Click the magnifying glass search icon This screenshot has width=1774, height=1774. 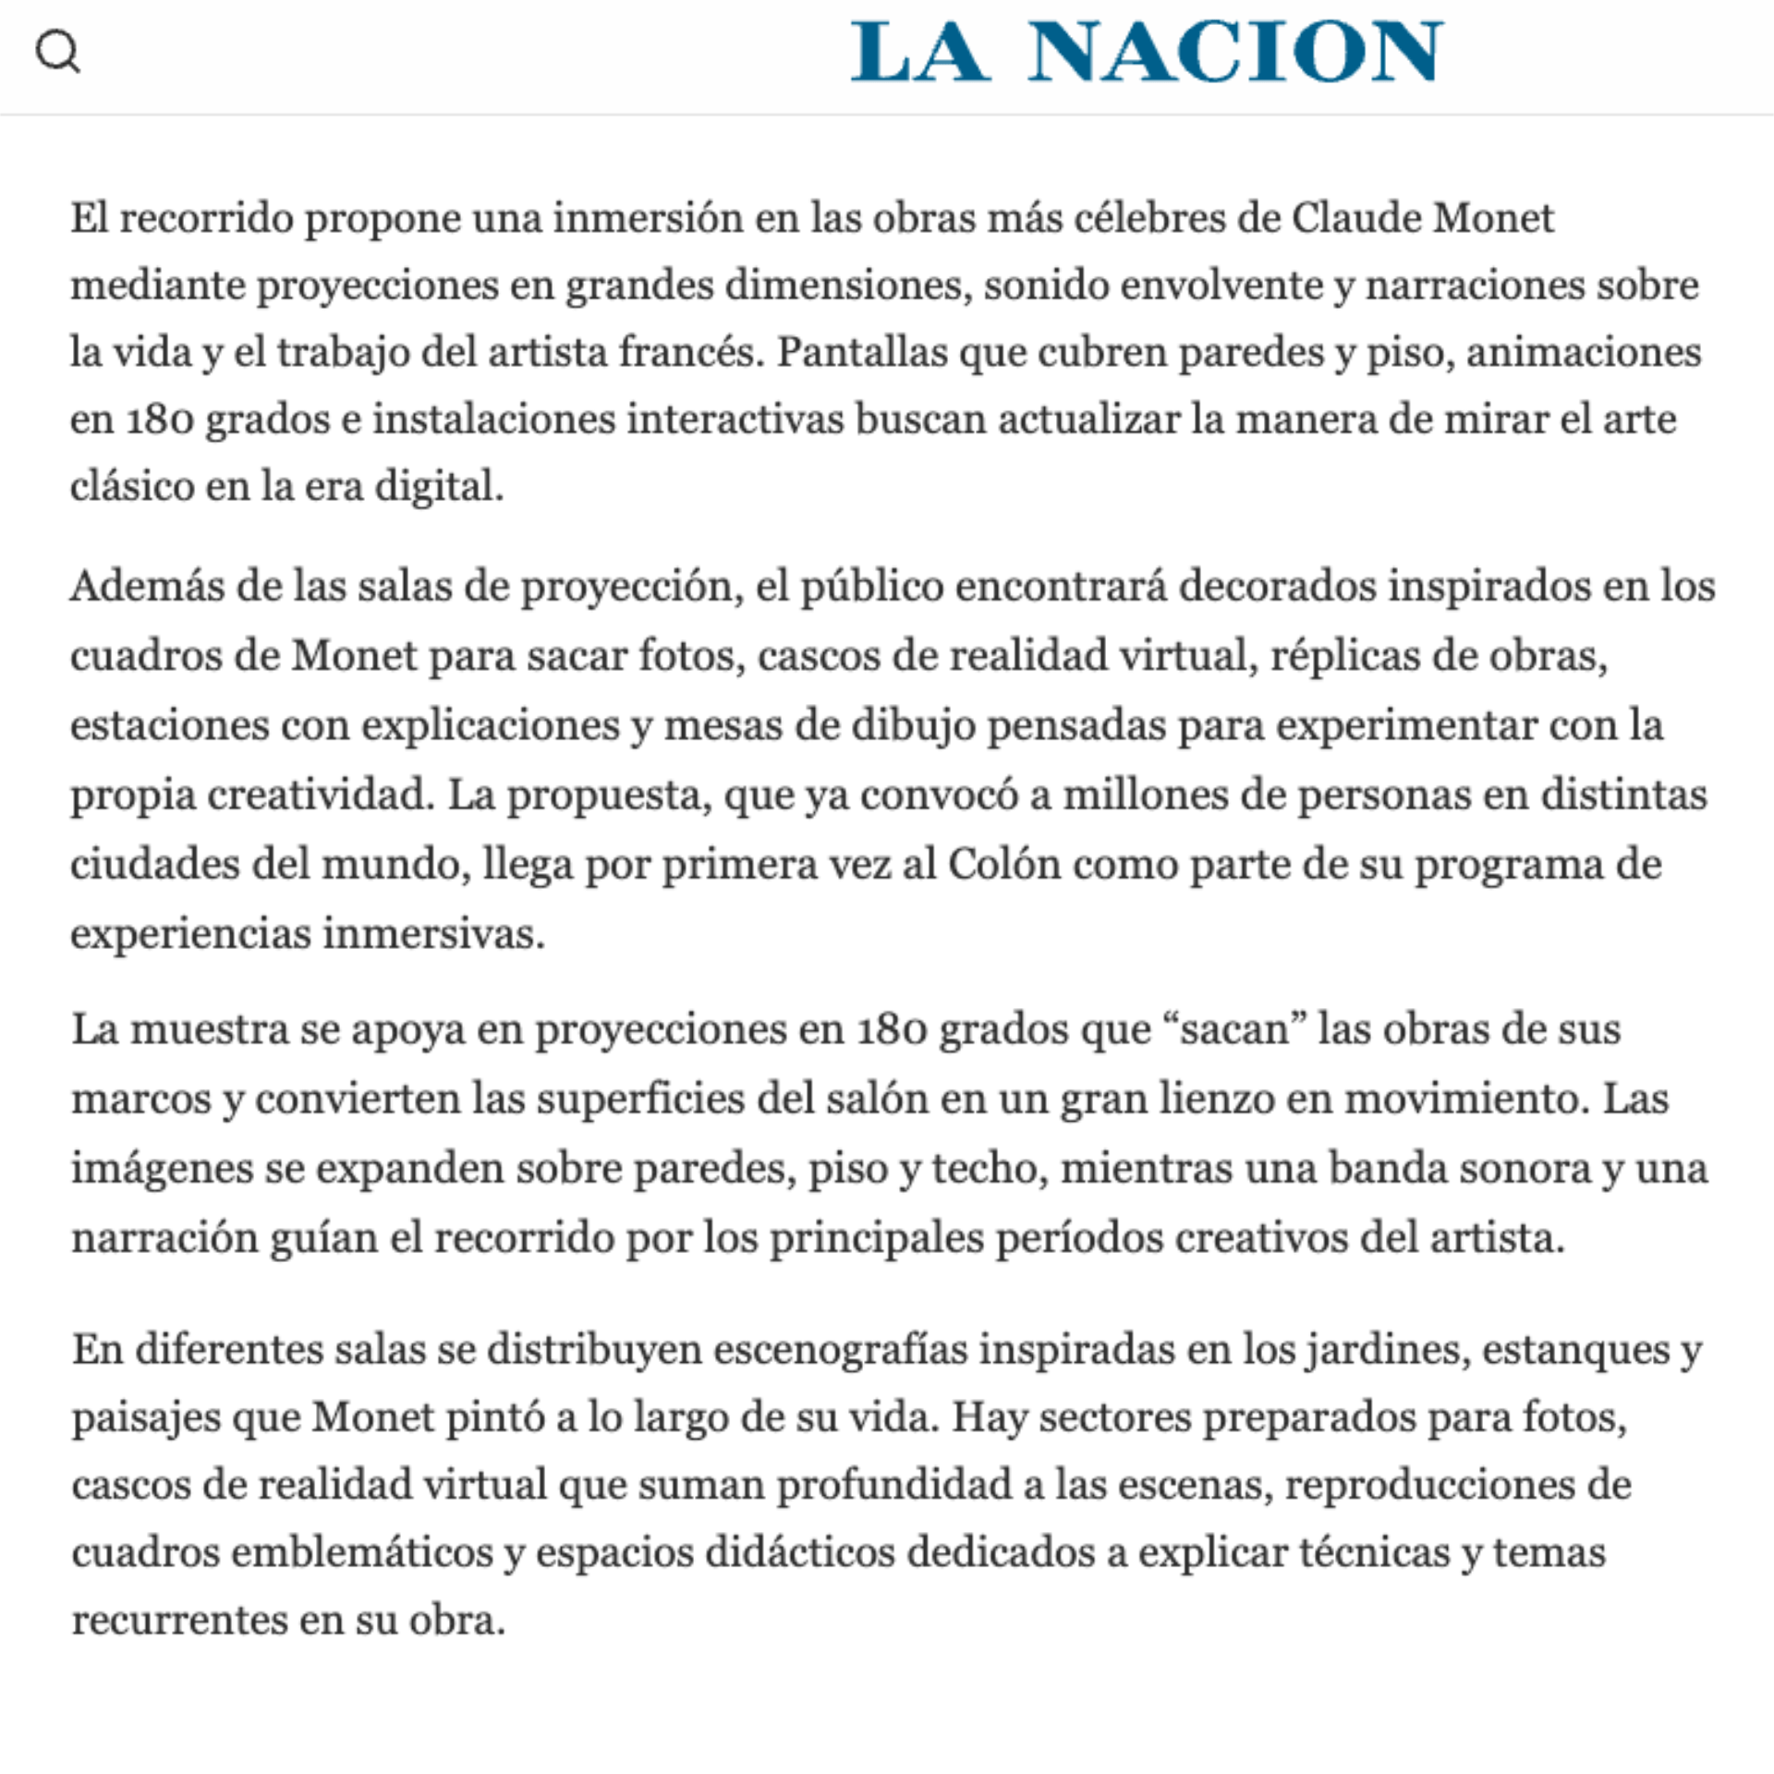(x=57, y=52)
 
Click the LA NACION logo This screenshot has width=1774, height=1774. (x=1146, y=52)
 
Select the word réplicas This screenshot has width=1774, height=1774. (x=1344, y=655)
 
